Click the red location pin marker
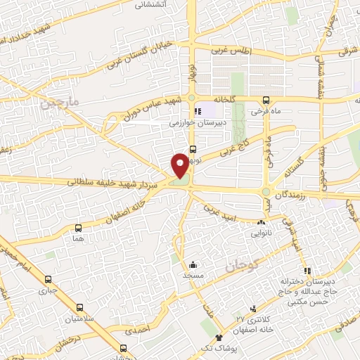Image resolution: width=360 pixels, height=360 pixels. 181,166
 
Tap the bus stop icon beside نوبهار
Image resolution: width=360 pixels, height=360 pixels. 193,148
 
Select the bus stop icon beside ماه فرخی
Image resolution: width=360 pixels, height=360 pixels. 266,101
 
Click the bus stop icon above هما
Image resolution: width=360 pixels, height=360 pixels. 77,228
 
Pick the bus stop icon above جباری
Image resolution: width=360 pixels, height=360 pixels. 49,278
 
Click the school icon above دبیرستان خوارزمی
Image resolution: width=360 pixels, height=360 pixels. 198,110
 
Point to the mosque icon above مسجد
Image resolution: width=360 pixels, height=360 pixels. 192,265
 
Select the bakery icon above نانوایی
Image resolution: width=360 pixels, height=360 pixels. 261,222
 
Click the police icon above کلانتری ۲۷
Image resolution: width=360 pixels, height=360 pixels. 254,309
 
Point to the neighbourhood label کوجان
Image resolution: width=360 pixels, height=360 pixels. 243,266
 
